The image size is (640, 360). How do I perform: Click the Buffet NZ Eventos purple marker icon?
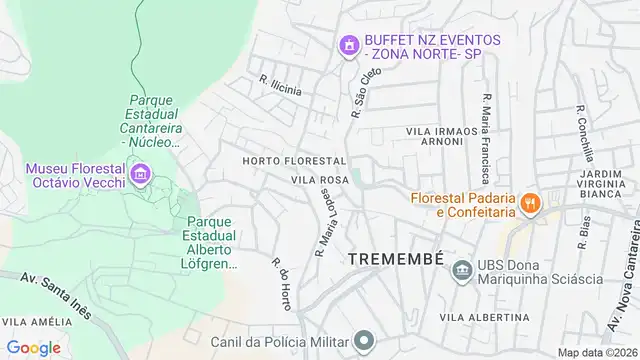[348, 45]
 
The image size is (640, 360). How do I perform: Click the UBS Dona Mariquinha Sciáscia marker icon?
[461, 269]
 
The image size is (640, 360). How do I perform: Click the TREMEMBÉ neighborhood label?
[396, 259]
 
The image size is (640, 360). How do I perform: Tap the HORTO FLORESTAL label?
[294, 161]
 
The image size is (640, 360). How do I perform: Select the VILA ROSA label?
[319, 181]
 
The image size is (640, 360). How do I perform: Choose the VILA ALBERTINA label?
[484, 317]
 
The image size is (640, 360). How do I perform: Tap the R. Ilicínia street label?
[280, 87]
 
